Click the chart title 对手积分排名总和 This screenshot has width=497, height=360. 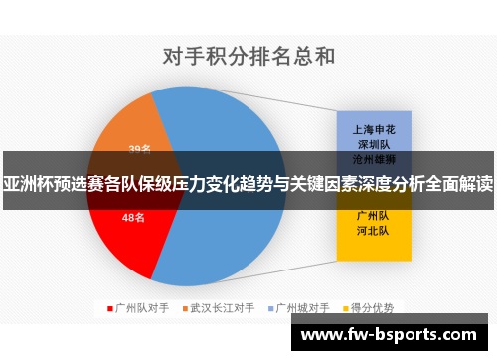click(x=248, y=57)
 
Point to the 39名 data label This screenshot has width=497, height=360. click(x=139, y=149)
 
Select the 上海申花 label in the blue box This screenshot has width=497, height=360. click(x=373, y=129)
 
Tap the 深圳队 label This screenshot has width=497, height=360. click(x=373, y=143)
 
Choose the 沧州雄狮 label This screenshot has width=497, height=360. click(x=373, y=158)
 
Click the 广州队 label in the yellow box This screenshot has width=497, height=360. click(x=373, y=214)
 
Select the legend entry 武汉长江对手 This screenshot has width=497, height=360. click(x=223, y=308)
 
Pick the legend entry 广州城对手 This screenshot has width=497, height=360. click(x=302, y=308)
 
